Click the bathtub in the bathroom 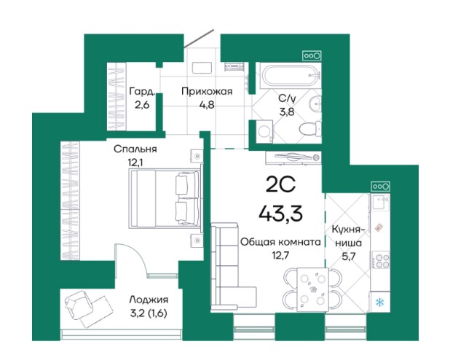290,76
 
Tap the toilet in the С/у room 310,129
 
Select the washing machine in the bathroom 264,132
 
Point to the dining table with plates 312,289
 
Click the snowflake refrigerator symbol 380,302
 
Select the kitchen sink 381,202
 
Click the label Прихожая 207,92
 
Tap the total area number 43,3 280,214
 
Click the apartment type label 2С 280,185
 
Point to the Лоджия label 149,300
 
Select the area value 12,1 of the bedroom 135,163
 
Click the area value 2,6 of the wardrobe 142,105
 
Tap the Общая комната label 280,242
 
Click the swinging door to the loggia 130,260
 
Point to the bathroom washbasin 315,103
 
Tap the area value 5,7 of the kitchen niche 349,256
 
